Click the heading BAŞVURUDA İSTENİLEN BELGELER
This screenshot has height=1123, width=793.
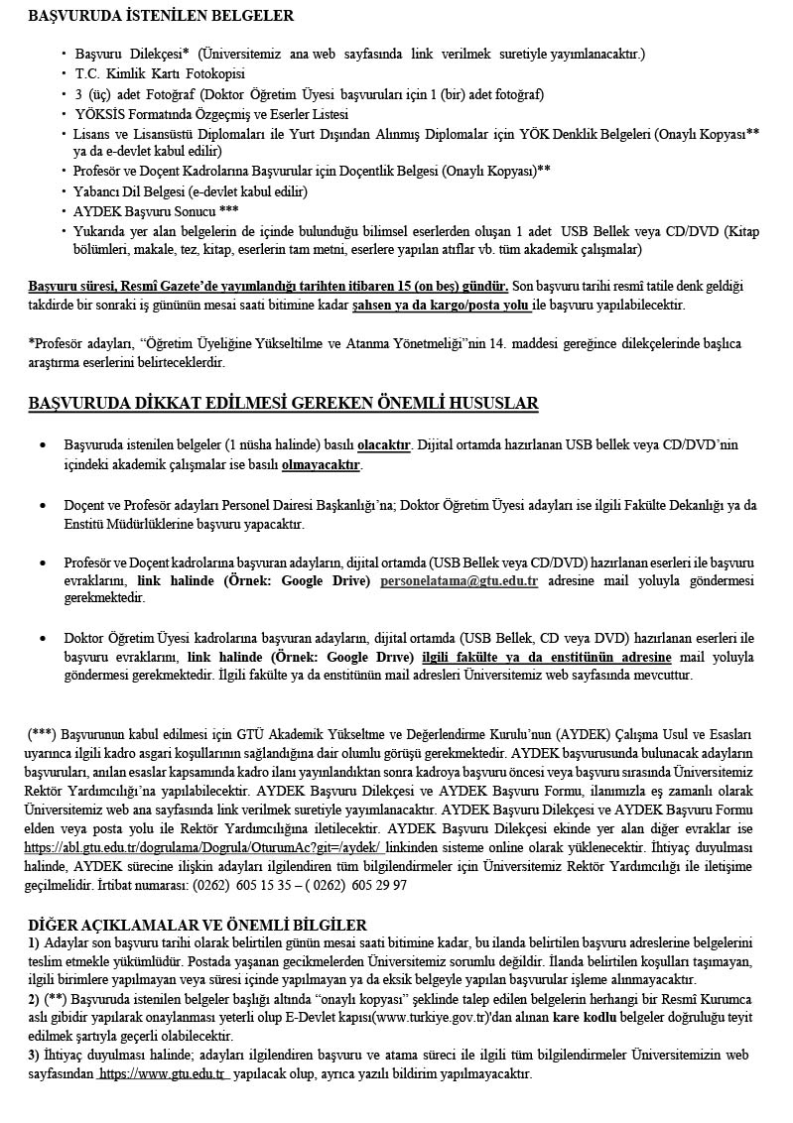click(161, 16)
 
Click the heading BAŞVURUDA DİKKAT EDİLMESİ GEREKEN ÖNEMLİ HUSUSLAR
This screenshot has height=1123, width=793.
click(284, 403)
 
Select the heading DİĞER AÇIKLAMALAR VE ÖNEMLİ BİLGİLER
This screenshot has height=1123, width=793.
click(198, 925)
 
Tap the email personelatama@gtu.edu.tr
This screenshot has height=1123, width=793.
click(459, 580)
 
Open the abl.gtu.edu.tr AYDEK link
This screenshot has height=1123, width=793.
click(205, 848)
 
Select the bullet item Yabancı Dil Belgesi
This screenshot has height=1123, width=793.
click(191, 191)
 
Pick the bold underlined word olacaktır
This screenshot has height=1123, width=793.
click(384, 445)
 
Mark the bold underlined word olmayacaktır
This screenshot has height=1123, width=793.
click(322, 464)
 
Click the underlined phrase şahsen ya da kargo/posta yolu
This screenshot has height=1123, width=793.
click(442, 305)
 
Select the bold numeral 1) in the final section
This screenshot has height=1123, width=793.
click(34, 941)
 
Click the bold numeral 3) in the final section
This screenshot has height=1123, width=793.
click(34, 1056)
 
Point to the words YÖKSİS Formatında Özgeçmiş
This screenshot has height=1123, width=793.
click(156, 114)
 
